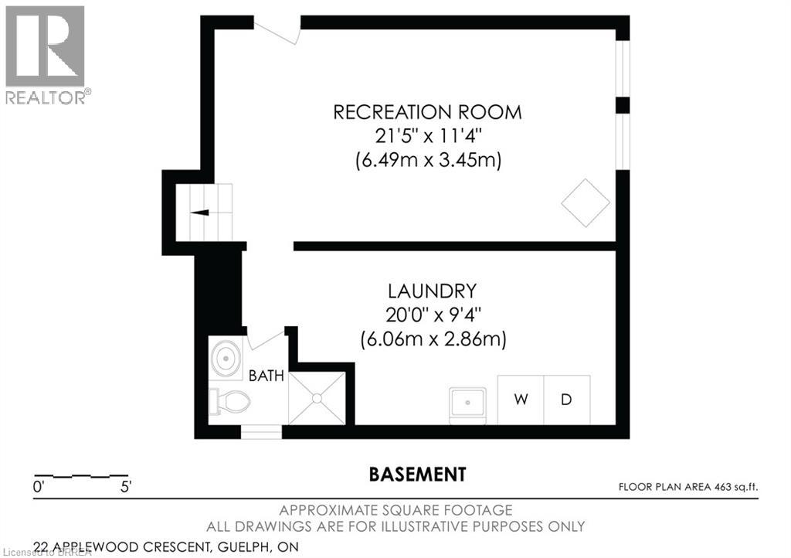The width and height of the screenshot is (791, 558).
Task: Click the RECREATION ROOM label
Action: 427,112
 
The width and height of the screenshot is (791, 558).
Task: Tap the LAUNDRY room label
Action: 432,291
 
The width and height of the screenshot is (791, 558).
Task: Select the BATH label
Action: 266,376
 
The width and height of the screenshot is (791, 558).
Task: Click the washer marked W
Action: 521,400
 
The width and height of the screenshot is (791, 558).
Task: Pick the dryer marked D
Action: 566,400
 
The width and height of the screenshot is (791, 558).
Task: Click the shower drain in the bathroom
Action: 317,399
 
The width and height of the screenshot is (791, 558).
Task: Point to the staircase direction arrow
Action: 199,213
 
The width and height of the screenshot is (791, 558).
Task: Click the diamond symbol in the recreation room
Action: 586,202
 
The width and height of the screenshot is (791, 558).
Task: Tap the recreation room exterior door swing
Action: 276,31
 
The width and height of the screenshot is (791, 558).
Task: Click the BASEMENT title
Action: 418,475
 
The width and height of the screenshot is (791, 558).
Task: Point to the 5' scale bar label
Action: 126,487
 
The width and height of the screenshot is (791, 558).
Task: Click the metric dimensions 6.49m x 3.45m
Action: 428,161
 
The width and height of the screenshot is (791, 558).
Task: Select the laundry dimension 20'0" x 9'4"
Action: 433,315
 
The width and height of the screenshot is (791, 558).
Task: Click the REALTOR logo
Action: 46,55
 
